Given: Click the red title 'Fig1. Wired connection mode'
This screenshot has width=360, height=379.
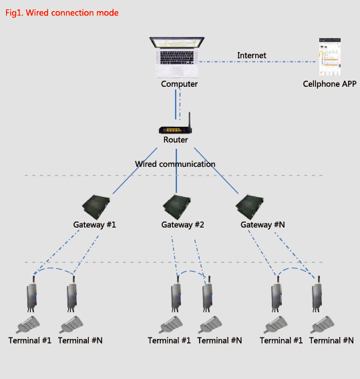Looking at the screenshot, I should (62, 13).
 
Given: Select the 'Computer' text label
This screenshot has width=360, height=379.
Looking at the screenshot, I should (179, 84).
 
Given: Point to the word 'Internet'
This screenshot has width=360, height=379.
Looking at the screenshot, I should (252, 55).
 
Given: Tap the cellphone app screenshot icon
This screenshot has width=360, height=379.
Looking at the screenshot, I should (331, 58).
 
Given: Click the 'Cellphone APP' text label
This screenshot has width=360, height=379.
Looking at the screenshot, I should (330, 84).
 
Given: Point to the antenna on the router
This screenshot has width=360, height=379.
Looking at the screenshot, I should (190, 120).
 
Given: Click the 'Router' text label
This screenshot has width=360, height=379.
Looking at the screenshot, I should (176, 140).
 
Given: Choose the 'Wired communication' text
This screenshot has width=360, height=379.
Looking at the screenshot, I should (175, 164).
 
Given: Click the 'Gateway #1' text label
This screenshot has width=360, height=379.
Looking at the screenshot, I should (95, 225).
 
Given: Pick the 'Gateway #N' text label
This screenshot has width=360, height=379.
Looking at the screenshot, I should (263, 225).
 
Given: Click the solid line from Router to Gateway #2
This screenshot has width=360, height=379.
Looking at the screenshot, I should (176, 180).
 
